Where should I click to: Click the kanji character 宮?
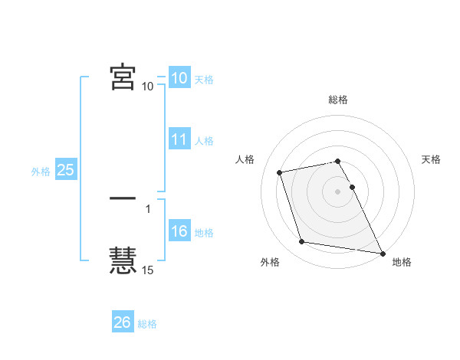123,77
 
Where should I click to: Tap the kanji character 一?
123,198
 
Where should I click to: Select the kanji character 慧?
123,260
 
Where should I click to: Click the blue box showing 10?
179,78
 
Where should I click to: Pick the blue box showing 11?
179,139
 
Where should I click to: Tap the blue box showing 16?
179,231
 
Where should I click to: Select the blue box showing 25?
65,170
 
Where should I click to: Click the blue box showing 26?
122,322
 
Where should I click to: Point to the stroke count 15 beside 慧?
148,270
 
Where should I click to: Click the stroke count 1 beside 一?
148,208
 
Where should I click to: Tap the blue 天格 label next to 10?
204,79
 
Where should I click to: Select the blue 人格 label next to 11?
204,141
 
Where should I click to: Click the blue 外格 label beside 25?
41,172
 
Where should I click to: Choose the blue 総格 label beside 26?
147,324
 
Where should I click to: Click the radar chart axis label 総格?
338,100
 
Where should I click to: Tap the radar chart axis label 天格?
432,159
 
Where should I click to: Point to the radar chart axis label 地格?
402,262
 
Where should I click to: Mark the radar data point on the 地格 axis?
381,252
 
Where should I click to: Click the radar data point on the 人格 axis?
280,172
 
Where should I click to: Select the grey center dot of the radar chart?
337,191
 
